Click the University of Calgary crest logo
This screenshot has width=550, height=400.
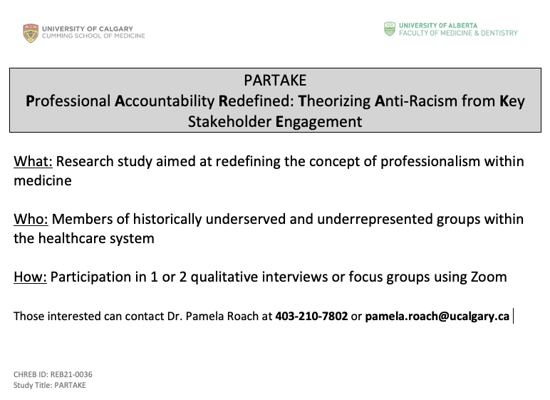(31, 33)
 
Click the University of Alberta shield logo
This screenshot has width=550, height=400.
(390, 29)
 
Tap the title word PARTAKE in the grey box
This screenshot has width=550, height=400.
(275, 80)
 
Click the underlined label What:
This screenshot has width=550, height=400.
(33, 161)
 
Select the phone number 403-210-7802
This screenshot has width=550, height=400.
(311, 316)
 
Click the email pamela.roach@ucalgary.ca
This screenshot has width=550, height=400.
(437, 316)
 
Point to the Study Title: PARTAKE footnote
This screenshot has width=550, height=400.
(50, 385)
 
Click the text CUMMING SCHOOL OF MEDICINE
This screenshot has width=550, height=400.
(94, 36)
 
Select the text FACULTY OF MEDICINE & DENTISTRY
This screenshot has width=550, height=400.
(458, 33)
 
